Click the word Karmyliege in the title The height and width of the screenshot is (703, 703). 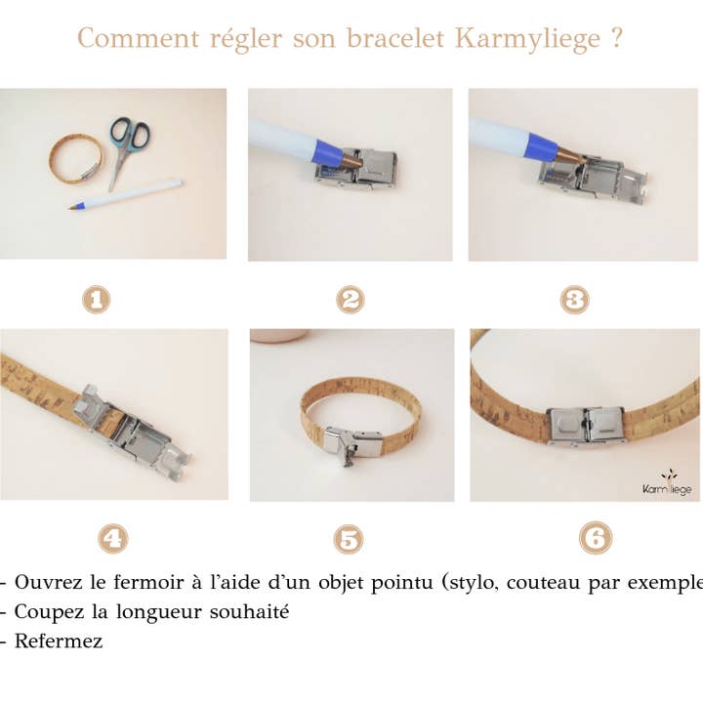coord(523,40)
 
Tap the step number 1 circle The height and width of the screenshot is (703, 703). coord(96,300)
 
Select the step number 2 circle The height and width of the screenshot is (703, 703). coord(350,300)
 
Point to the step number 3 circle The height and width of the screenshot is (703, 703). coord(575,300)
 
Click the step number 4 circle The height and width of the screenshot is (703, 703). coord(113,537)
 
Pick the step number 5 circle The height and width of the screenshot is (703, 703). coord(349,539)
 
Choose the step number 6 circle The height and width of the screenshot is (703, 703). coord(595,537)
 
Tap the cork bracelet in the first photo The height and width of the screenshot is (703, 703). coord(75,160)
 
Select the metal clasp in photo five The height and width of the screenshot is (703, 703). coord(346,444)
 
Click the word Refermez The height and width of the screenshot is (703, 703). coord(58,641)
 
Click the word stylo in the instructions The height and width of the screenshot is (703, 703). coord(478,583)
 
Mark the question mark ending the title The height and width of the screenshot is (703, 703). coord(615,40)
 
